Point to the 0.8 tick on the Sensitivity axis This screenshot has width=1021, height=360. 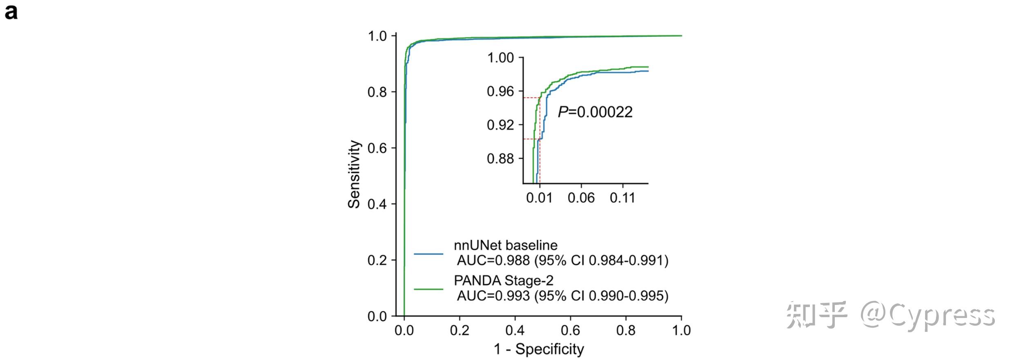point(377,92)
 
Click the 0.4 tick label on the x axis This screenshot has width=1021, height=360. point(515,330)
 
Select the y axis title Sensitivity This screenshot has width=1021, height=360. point(354,174)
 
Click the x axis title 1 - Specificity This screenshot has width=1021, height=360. point(539,349)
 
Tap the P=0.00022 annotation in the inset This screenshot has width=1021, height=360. point(595,112)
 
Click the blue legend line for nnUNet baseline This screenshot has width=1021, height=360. point(428,254)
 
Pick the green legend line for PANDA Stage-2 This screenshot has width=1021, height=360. point(428,289)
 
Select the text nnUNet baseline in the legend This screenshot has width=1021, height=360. point(506,245)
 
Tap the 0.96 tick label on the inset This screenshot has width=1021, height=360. point(500,91)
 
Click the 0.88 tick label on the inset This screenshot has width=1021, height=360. point(500,158)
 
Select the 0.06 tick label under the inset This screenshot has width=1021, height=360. point(581,198)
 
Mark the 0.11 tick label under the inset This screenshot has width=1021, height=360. point(622,198)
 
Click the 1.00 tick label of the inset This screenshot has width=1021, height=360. point(500,58)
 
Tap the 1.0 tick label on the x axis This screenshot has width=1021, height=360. point(681,330)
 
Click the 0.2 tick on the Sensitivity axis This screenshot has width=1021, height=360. point(377,260)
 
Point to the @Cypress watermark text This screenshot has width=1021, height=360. point(927,315)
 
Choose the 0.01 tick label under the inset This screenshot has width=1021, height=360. point(539,198)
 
